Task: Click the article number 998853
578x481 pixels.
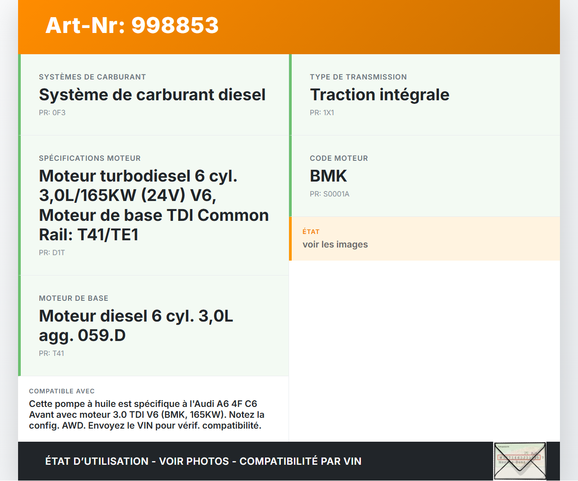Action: [x=175, y=25]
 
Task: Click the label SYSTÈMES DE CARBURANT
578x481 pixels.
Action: [x=92, y=77]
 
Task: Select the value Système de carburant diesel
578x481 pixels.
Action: [x=152, y=95]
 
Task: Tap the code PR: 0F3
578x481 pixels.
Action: [x=52, y=113]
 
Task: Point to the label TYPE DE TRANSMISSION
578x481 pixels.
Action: [x=358, y=77]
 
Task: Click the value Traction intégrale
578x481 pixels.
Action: [x=379, y=95]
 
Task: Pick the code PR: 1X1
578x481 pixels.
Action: [x=322, y=113]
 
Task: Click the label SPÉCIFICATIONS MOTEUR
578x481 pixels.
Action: [x=90, y=158]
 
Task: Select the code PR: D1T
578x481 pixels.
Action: [x=52, y=252]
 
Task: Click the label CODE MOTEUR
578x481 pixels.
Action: [x=339, y=158]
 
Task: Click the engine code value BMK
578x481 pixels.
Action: [x=328, y=176]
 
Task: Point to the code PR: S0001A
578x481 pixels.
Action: [x=330, y=194]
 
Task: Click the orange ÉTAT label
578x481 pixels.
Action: [x=311, y=232]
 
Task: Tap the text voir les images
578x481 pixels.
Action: [x=335, y=244]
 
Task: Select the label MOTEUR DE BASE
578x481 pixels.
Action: [x=73, y=298]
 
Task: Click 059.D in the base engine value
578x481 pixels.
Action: [x=102, y=335]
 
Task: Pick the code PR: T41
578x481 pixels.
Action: [x=51, y=353]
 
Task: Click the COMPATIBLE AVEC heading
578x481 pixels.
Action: [x=62, y=391]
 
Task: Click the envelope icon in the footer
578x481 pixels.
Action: [x=520, y=461]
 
